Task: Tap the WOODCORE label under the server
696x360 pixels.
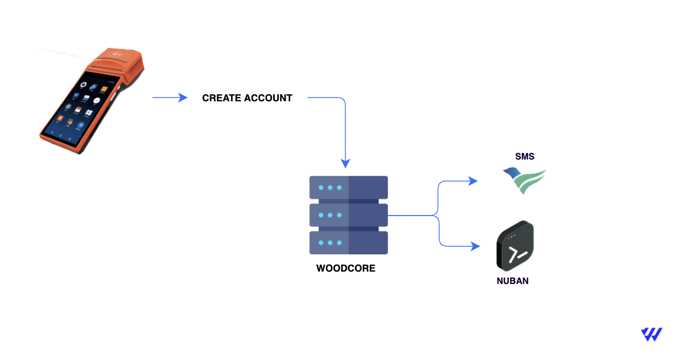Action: pos(345,268)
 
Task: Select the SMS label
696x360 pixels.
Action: pos(525,157)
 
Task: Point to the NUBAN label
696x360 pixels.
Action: pos(512,281)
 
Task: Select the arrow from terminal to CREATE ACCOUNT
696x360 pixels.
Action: pos(169,98)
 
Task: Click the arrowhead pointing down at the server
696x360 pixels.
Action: pos(345,163)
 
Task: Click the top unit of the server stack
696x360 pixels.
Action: pos(349,187)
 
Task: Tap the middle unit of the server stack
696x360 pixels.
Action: pos(349,215)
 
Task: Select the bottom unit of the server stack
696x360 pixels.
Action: pos(349,243)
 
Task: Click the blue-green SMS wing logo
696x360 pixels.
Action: pos(525,180)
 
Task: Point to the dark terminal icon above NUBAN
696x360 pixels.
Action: pos(515,246)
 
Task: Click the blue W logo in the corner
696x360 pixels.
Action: pos(651,334)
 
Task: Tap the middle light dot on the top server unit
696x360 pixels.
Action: pos(330,188)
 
